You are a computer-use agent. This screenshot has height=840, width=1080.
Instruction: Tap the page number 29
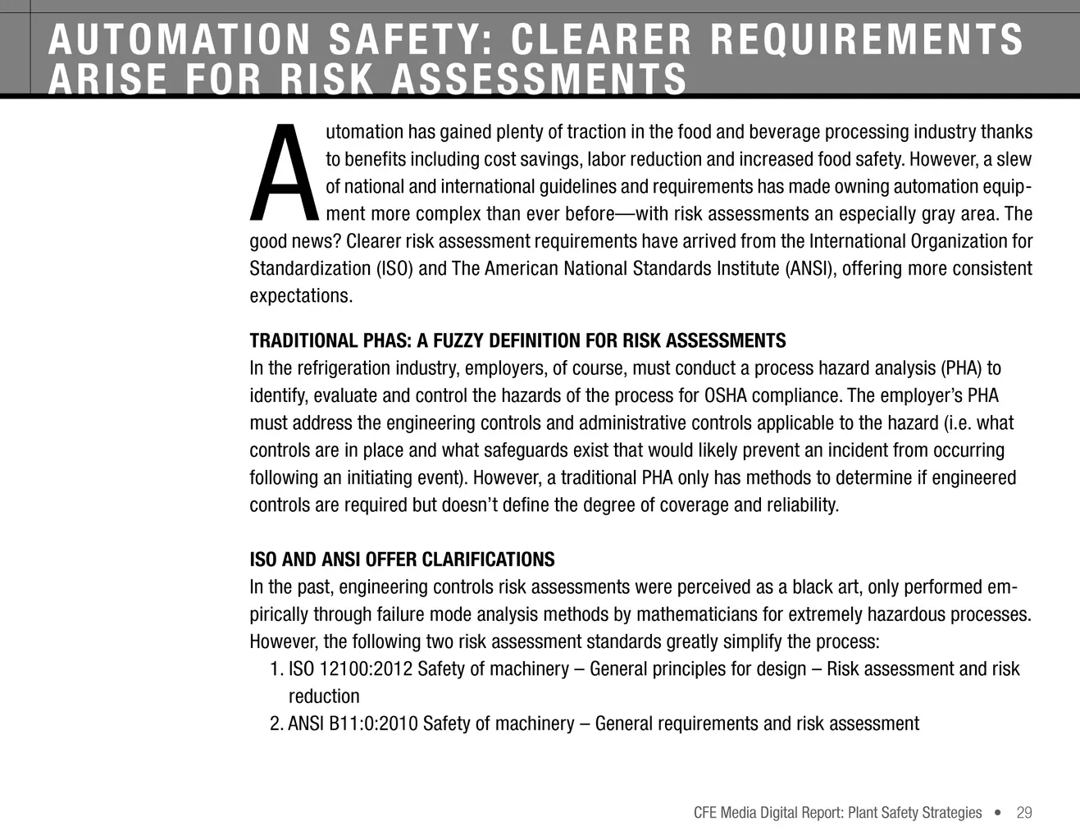(1023, 813)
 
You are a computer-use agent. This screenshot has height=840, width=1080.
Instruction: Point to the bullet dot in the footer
(998, 813)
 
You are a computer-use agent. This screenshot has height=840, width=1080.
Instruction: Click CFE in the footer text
(705, 813)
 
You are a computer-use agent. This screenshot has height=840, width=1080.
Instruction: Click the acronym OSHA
(725, 396)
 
